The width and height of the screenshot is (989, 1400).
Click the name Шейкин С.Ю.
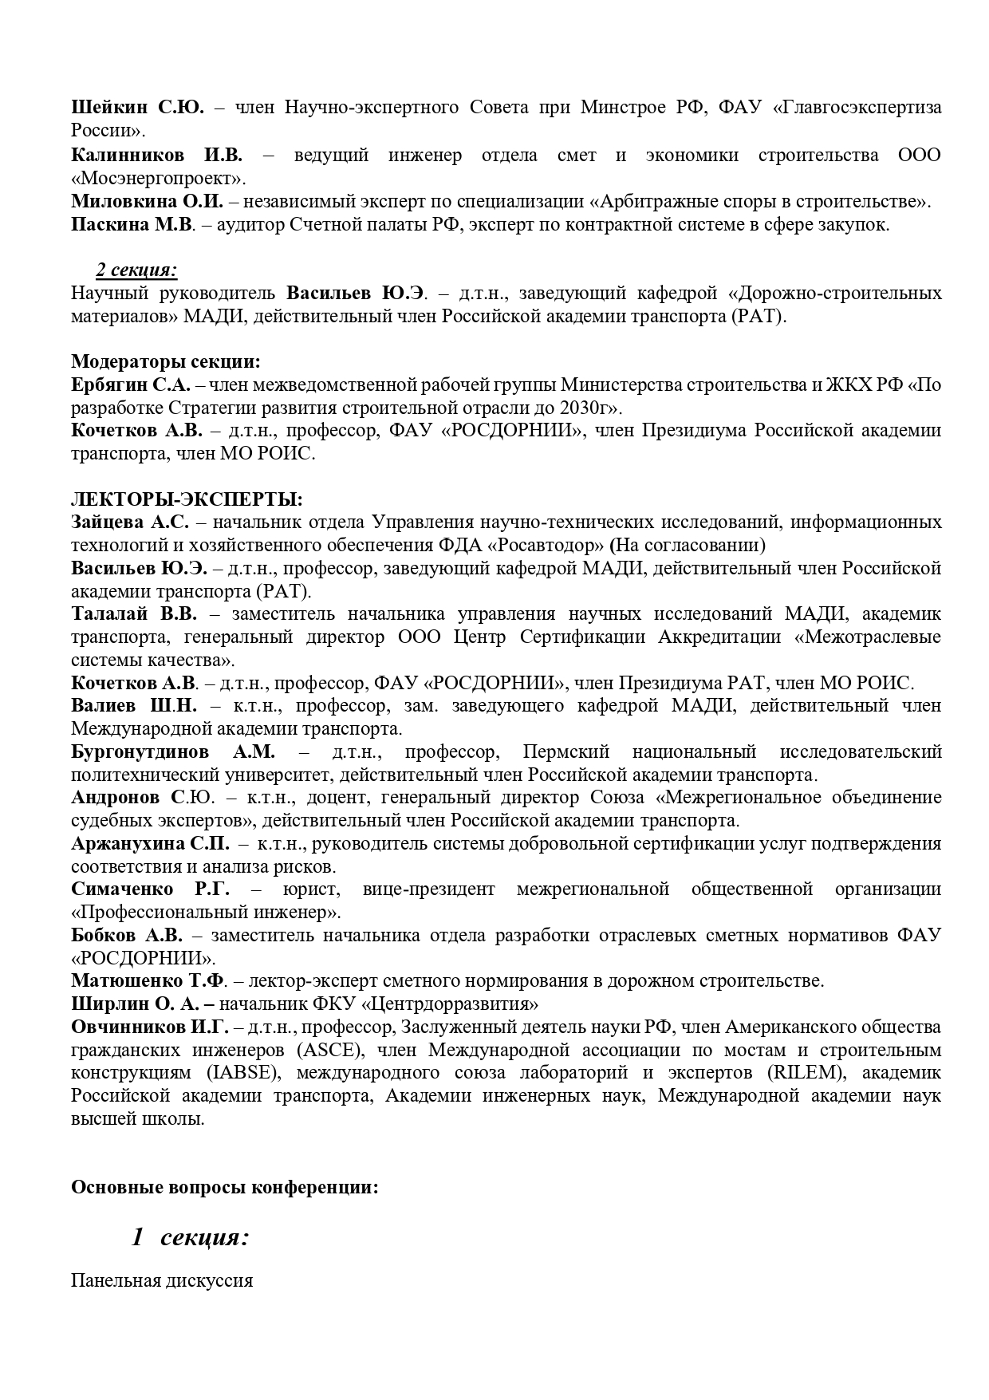pyautogui.click(x=137, y=108)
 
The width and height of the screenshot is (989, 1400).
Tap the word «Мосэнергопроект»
pyautogui.click(x=158, y=178)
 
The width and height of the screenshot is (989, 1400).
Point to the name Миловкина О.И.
pyautogui.click(x=147, y=201)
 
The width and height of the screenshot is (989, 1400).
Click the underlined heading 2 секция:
pyautogui.click(x=136, y=270)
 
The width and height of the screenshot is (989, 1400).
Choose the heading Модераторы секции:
pyautogui.click(x=166, y=361)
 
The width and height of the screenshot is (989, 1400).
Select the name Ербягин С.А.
pyautogui.click(x=130, y=385)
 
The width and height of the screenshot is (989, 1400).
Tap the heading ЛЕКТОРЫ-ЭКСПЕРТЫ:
pyautogui.click(x=187, y=499)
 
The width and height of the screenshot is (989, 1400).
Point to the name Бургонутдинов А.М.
pyautogui.click(x=172, y=752)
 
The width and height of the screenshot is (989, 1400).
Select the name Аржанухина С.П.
pyautogui.click(x=150, y=844)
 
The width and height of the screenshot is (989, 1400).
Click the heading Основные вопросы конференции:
pyautogui.click(x=224, y=1187)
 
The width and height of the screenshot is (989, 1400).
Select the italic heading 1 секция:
pyautogui.click(x=191, y=1237)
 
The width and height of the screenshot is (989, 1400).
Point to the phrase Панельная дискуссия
pyautogui.click(x=162, y=1281)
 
